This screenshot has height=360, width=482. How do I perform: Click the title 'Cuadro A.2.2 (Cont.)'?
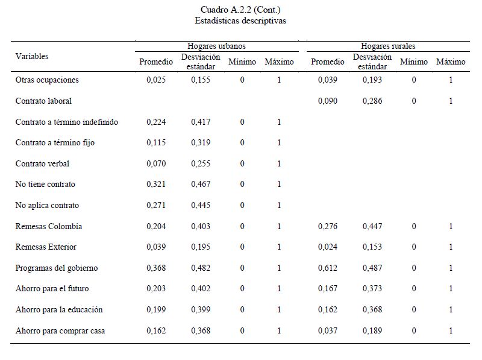[x=240, y=10]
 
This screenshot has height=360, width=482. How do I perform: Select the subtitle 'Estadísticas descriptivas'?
[x=240, y=21]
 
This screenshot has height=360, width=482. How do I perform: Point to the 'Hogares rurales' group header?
[x=388, y=46]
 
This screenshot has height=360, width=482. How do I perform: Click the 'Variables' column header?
[x=32, y=56]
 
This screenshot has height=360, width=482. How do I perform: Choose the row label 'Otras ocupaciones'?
[x=47, y=80]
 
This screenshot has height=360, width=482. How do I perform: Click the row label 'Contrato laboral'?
[x=43, y=101]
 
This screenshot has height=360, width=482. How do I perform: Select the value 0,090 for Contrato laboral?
[x=328, y=101]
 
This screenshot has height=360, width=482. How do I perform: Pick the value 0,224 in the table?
[x=156, y=122]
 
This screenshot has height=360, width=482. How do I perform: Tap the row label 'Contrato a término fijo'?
[x=55, y=143]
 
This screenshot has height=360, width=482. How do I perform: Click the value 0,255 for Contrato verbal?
[x=201, y=164]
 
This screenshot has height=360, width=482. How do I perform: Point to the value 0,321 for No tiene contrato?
[x=156, y=185]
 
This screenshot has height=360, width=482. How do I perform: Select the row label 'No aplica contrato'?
[x=47, y=206]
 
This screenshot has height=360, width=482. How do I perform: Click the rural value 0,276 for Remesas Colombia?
[x=328, y=227]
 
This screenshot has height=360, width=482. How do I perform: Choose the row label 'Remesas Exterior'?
[x=46, y=247]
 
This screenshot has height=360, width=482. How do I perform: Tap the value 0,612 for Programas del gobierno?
[x=328, y=268]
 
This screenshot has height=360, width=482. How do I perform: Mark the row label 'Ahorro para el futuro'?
[x=52, y=289]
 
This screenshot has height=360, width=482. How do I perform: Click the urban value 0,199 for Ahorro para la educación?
[x=156, y=310]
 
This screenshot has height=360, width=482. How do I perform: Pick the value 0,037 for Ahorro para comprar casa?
[x=328, y=331]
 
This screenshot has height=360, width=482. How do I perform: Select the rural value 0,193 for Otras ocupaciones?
[x=372, y=80]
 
